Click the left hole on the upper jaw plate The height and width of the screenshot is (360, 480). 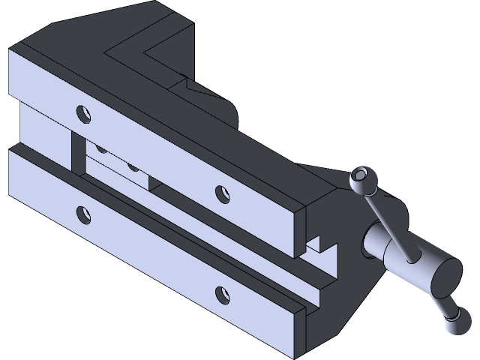point(82,114)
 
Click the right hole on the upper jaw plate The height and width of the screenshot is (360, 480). point(221,194)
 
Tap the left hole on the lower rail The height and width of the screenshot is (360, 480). point(82,214)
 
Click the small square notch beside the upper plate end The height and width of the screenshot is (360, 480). point(315,244)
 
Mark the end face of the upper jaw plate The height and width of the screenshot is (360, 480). point(298,233)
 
